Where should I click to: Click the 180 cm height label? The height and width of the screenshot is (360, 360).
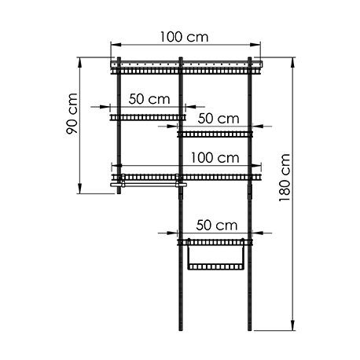285,178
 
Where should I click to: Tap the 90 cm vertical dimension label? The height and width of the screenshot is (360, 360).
72,113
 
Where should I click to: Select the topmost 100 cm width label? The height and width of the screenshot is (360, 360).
184,37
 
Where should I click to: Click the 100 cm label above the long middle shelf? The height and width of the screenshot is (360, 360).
215,158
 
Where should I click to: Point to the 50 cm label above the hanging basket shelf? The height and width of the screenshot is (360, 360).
217,225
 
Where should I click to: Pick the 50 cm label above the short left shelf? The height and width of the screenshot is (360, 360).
149,99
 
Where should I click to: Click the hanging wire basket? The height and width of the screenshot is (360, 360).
216,255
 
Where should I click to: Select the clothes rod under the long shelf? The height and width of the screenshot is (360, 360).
149,185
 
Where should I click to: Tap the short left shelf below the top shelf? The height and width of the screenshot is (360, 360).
148,117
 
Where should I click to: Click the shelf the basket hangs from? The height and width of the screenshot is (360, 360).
215,243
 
